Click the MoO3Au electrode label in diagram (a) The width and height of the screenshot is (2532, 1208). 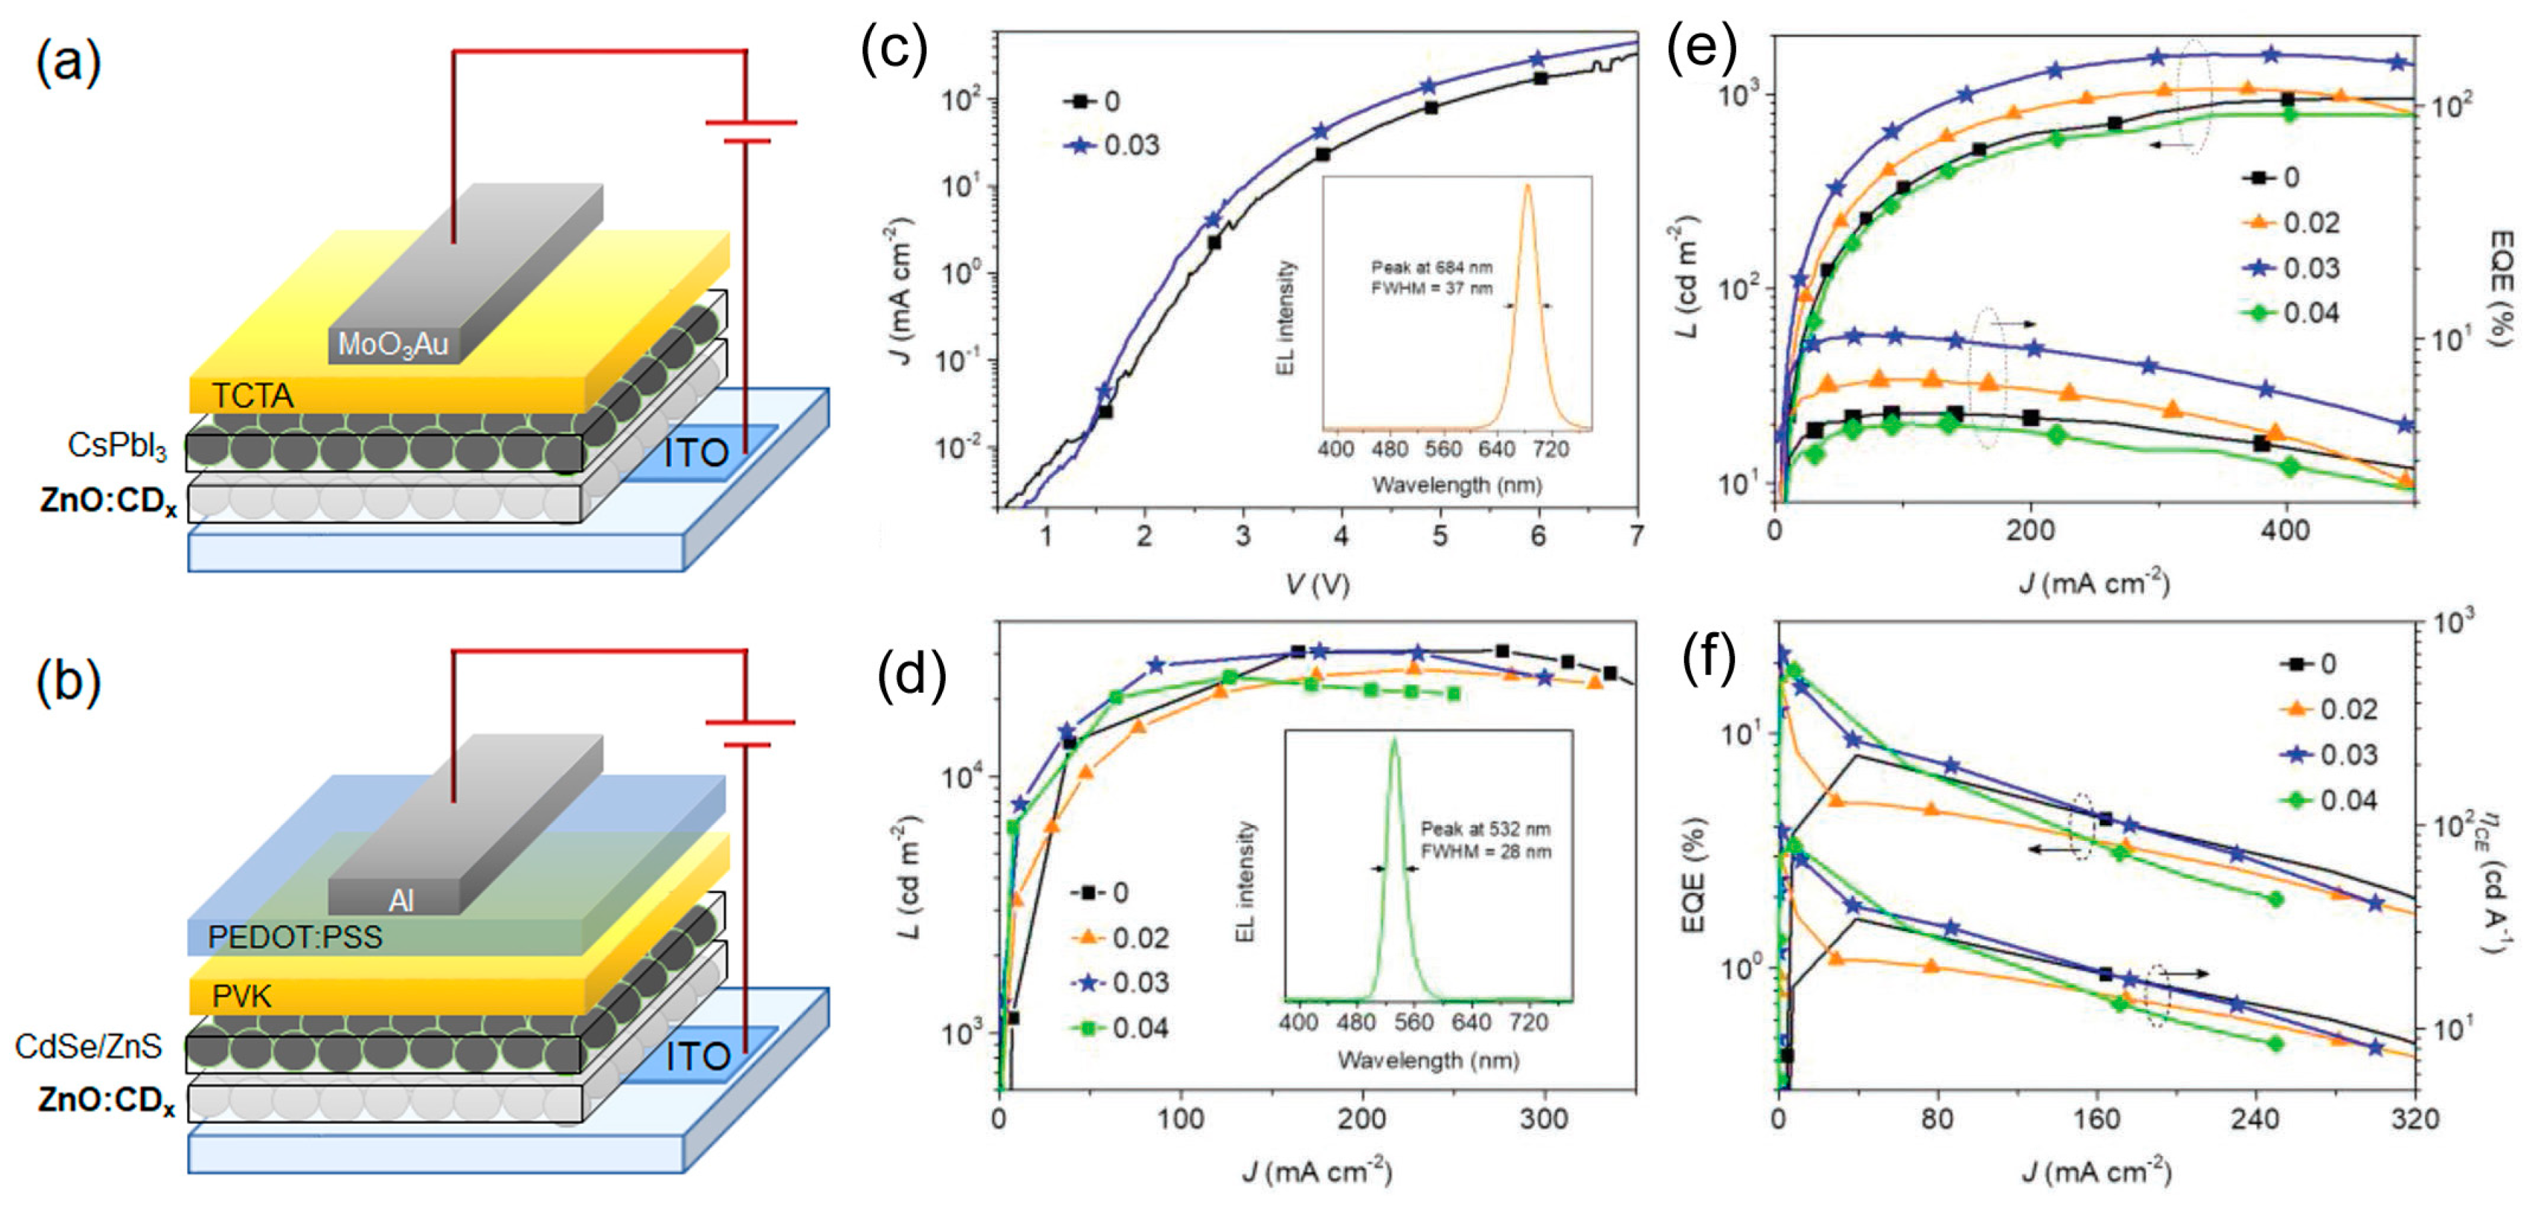point(392,345)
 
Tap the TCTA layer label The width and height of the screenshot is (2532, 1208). point(252,395)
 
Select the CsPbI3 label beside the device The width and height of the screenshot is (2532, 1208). point(117,445)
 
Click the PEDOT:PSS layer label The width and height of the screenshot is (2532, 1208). point(295,937)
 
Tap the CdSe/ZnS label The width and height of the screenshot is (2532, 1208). point(89,1047)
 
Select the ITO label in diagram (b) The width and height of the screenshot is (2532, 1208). point(698,1058)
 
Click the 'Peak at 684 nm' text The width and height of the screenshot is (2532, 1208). point(1431,267)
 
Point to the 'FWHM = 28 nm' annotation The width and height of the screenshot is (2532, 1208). point(1485,851)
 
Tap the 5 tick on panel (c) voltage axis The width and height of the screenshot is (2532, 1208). point(1439,535)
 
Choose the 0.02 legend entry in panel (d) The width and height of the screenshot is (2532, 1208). point(1122,938)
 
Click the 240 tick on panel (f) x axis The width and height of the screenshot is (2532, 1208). point(2255,1119)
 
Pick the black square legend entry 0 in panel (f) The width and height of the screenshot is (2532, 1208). point(2310,664)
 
